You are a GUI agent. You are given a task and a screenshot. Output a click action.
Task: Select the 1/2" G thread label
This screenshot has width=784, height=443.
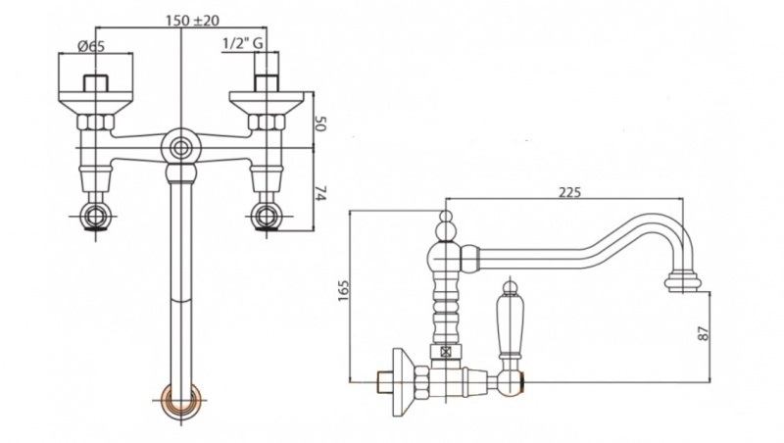241,44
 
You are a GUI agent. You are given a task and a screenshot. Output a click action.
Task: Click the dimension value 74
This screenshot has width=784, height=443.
319,193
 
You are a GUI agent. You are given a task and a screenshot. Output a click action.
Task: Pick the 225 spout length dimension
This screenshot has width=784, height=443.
568,192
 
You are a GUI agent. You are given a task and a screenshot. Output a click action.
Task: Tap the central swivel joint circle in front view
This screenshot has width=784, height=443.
179,148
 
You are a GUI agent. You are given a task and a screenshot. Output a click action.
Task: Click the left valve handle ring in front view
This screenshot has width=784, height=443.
95,217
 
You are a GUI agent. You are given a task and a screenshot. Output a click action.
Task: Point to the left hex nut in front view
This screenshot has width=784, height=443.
96,123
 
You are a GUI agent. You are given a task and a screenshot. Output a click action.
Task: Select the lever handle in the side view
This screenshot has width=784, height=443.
510,324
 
